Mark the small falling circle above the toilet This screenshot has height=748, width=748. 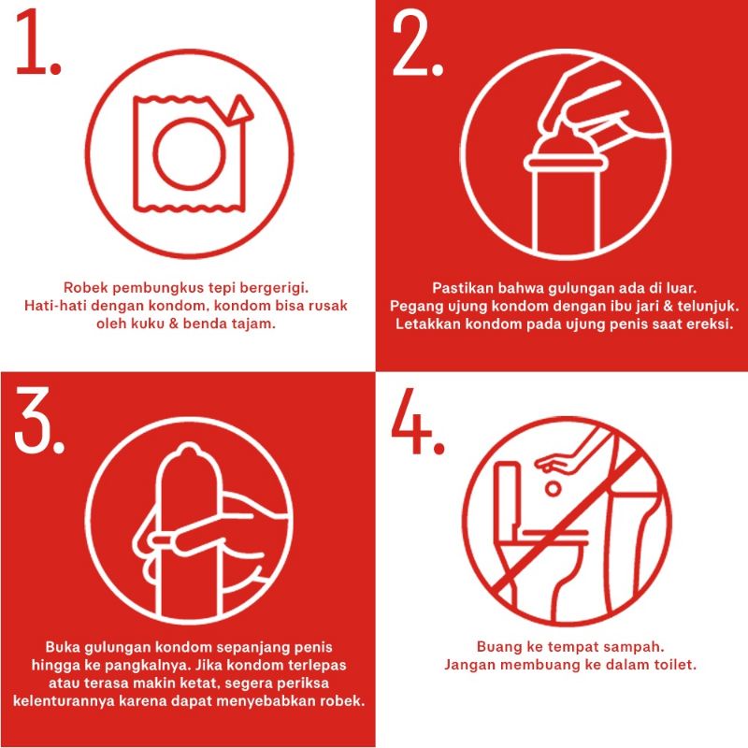point(553,489)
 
